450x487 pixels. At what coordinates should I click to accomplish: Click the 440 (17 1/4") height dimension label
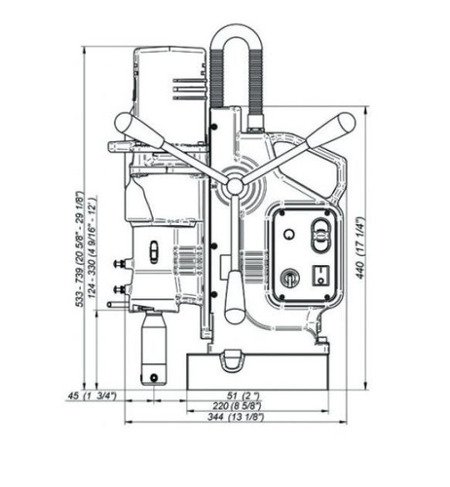pyautogui.click(x=360, y=247)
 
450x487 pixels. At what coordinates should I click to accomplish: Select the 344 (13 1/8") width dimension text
pyautogui.click(x=236, y=417)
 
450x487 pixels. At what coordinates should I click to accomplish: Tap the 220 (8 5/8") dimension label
pyautogui.click(x=237, y=406)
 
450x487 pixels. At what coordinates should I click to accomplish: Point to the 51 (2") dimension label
pyautogui.click(x=243, y=395)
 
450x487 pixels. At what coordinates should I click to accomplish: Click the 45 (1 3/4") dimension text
pyautogui.click(x=92, y=396)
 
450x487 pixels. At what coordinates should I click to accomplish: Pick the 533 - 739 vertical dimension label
pyautogui.click(x=80, y=249)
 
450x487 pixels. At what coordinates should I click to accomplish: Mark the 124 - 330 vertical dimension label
pyautogui.click(x=93, y=247)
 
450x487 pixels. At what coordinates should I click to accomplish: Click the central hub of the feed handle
pyautogui.click(x=235, y=186)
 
